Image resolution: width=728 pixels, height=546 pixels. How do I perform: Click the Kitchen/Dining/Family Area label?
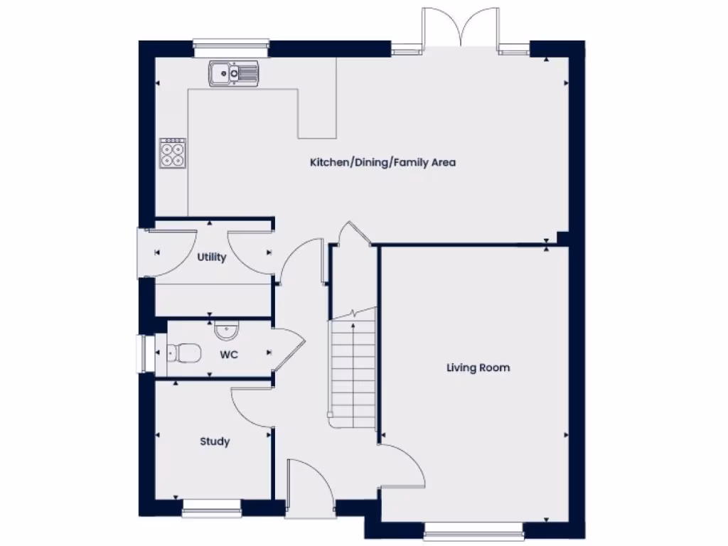pos(382,163)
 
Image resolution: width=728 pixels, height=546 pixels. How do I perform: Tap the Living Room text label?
pos(478,368)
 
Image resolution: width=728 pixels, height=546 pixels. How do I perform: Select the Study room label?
pos(215,441)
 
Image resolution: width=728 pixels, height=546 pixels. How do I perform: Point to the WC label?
pos(228,354)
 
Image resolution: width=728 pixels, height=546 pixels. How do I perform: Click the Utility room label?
pos(211,257)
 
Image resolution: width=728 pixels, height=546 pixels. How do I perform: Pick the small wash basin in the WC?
pos(227,331)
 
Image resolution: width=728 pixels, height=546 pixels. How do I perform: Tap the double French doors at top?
pos(460,28)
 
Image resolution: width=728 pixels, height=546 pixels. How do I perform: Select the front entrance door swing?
pos(310,483)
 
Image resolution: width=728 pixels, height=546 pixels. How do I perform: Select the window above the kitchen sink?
pos(231,48)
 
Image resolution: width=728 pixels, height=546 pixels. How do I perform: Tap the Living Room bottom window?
pos(473,530)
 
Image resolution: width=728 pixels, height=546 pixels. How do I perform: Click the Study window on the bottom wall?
pos(211,507)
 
